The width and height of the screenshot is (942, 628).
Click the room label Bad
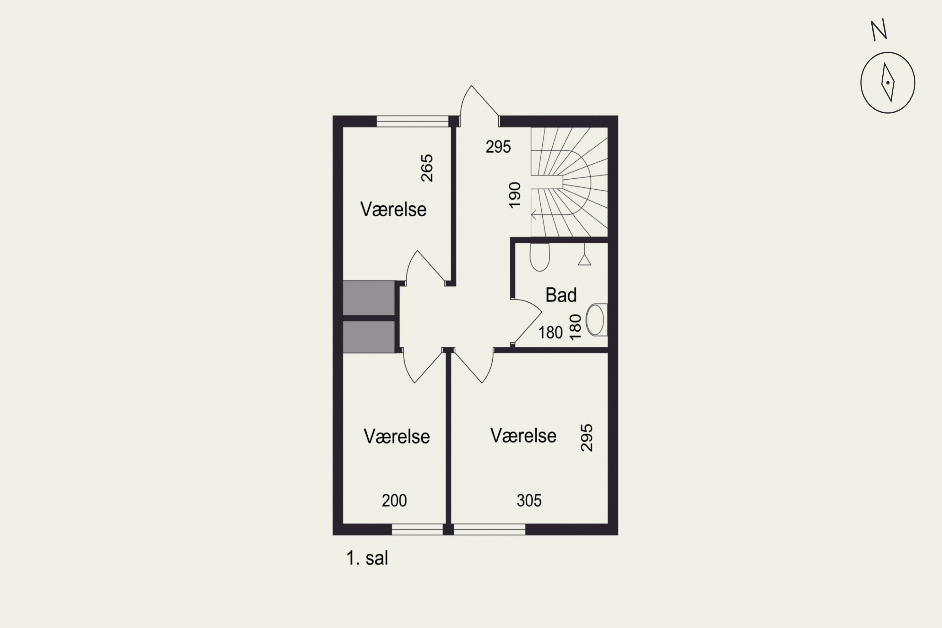pyautogui.click(x=561, y=295)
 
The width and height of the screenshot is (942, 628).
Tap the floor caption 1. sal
pyautogui.click(x=367, y=558)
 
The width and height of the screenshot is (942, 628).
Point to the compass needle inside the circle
pyautogui.click(x=888, y=83)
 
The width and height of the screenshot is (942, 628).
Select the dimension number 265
pyautogui.click(x=427, y=168)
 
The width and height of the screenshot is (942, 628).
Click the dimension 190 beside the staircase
pyautogui.click(x=515, y=195)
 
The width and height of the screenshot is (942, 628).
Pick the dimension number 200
pyautogui.click(x=394, y=501)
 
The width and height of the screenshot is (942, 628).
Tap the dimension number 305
pyautogui.click(x=529, y=501)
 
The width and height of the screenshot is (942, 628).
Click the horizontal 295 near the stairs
pyautogui.click(x=498, y=147)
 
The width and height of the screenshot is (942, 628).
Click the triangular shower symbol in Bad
pyautogui.click(x=584, y=260)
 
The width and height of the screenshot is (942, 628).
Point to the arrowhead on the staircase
pyautogui.click(x=533, y=215)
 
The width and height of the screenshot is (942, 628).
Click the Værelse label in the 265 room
pyautogui.click(x=393, y=209)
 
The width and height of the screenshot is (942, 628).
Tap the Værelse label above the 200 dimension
pyautogui.click(x=397, y=436)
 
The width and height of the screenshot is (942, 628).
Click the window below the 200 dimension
pyautogui.click(x=417, y=529)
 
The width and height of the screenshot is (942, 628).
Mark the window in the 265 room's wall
pyautogui.click(x=413, y=121)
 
